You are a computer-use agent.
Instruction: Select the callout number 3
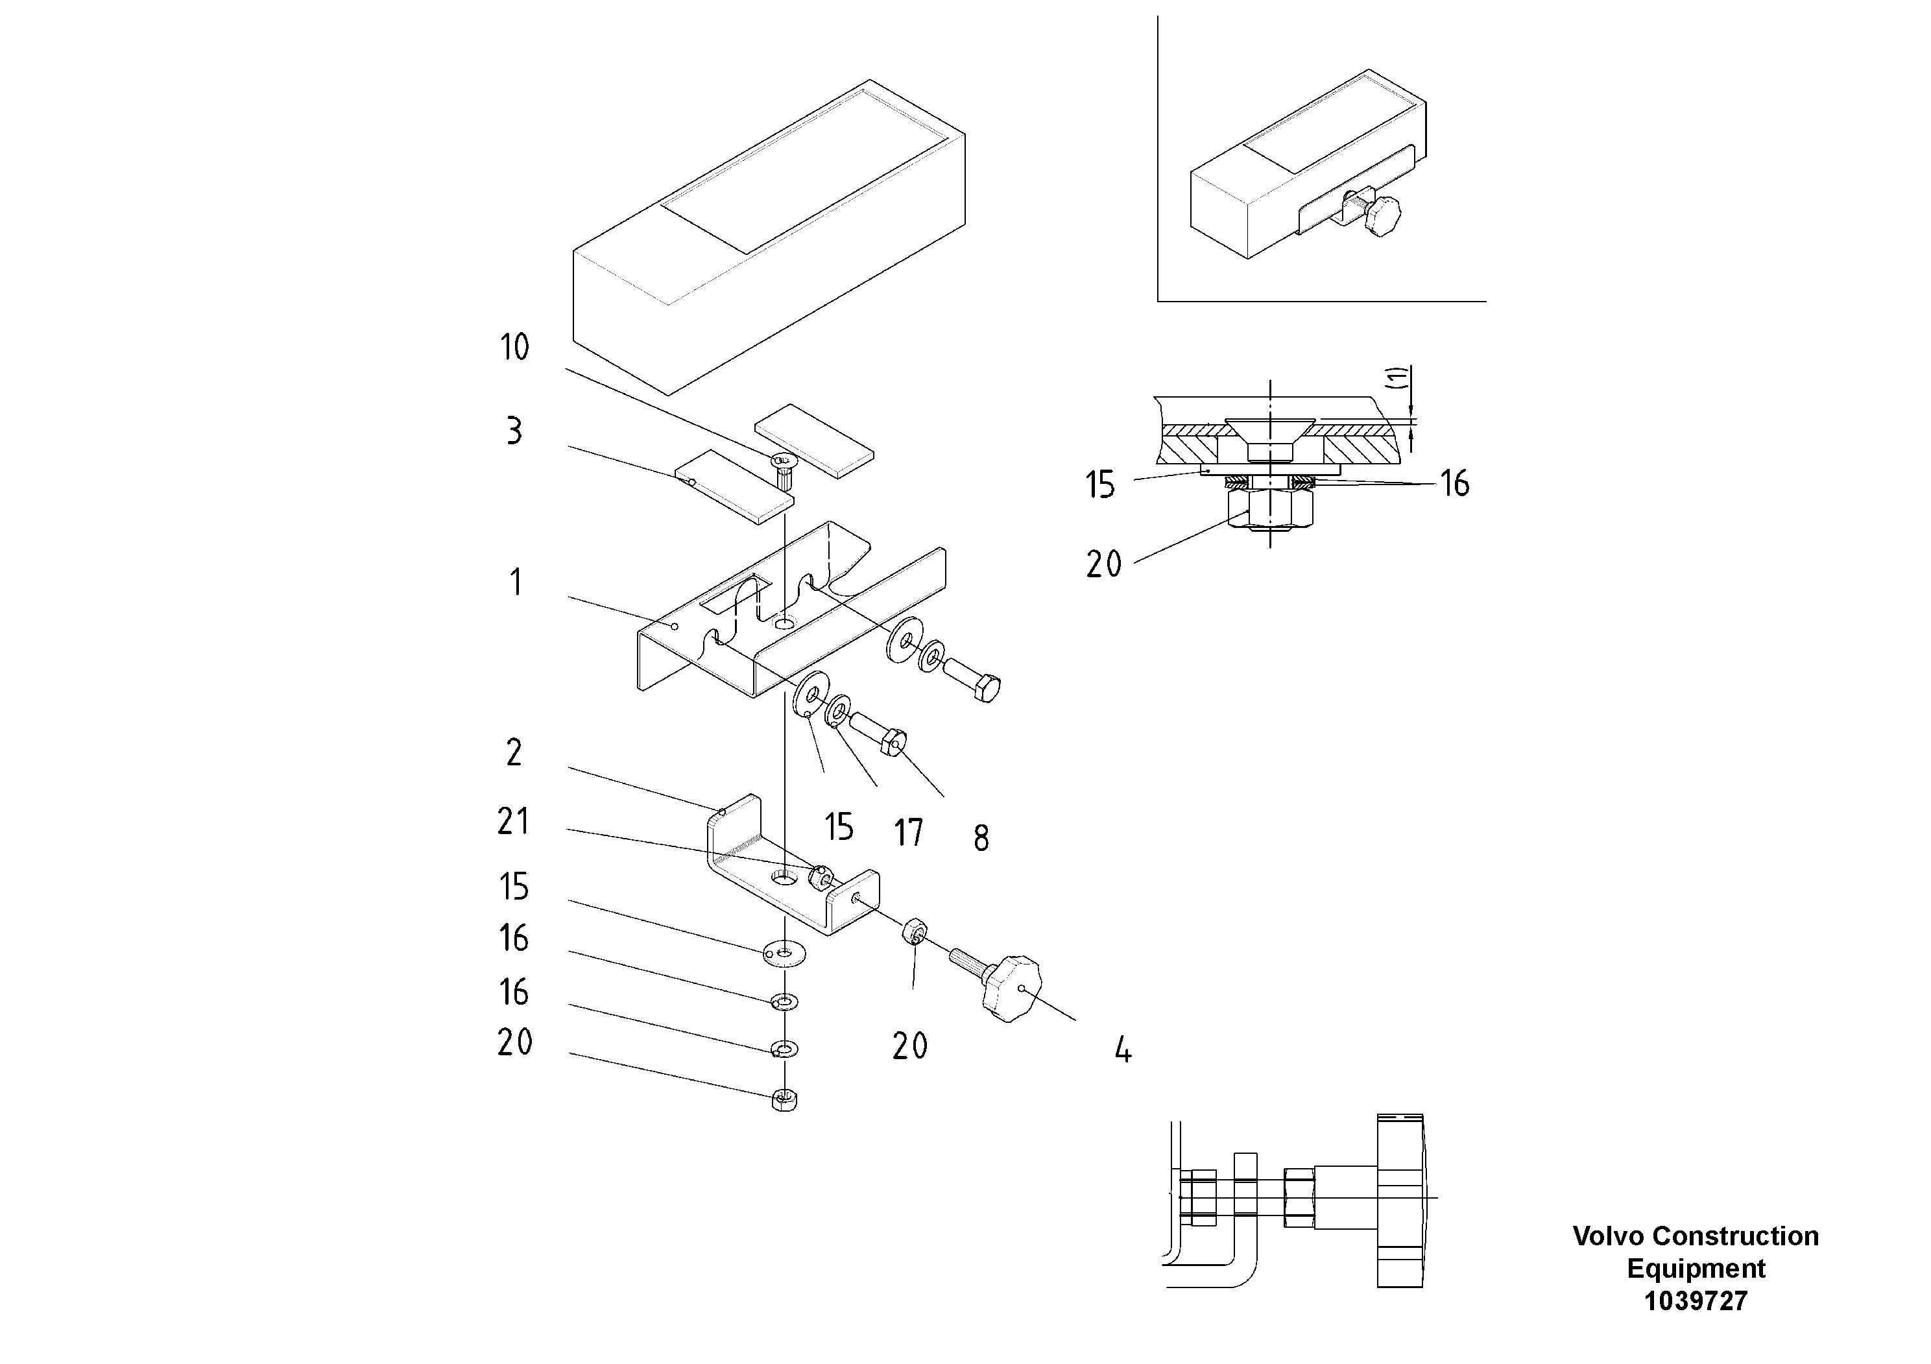514,431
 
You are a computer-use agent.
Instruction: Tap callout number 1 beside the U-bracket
516,582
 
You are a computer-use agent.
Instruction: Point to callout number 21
513,822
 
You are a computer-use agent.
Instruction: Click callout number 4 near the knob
1123,1049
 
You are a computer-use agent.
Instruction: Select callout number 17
908,833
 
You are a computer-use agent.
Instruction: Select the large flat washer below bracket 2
784,953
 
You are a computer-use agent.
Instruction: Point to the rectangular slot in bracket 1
729,593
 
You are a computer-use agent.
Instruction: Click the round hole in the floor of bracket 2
784,877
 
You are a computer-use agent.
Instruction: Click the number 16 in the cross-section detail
1454,484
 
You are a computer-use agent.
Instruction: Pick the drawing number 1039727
1696,1301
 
